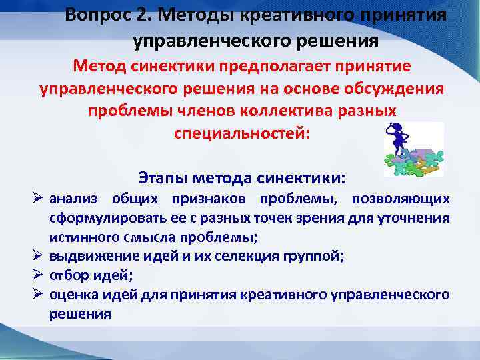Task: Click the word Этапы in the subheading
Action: click(163, 178)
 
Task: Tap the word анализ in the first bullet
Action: click(73, 199)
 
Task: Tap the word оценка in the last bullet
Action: click(71, 294)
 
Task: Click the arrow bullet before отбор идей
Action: click(37, 275)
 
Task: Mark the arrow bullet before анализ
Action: click(37, 199)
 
